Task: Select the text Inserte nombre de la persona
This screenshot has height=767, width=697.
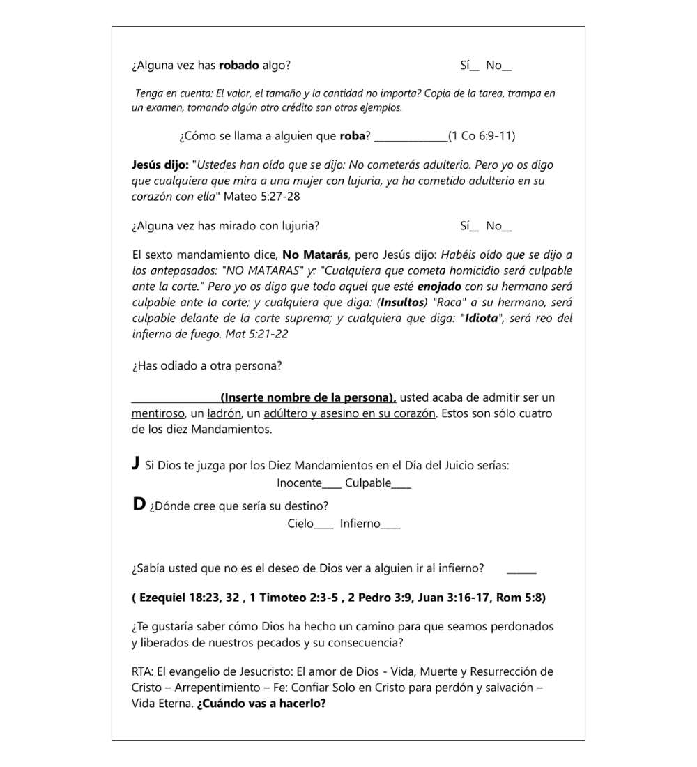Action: tap(307, 398)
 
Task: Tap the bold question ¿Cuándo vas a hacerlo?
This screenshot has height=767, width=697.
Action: tap(261, 704)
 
